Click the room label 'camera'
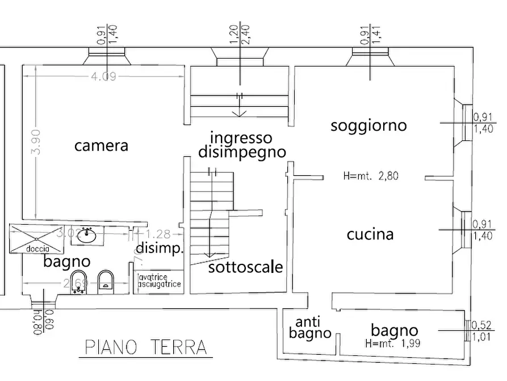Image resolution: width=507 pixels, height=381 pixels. (x=102, y=146)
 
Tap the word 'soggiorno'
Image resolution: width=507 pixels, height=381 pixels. (x=368, y=125)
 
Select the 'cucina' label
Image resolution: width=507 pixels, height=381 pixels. (x=370, y=234)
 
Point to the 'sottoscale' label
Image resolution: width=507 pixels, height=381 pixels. (x=245, y=267)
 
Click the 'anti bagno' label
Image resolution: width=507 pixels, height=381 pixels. (x=309, y=328)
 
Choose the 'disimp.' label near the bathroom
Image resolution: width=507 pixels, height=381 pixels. (x=160, y=249)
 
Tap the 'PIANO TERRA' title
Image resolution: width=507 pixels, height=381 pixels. (x=145, y=346)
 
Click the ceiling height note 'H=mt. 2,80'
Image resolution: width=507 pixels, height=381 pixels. (x=371, y=176)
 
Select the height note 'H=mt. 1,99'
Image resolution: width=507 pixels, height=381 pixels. (x=395, y=343)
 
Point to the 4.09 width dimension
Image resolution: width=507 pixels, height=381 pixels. (x=103, y=76)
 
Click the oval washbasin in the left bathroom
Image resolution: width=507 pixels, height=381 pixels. (x=87, y=236)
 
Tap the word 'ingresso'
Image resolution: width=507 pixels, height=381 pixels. (x=241, y=138)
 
